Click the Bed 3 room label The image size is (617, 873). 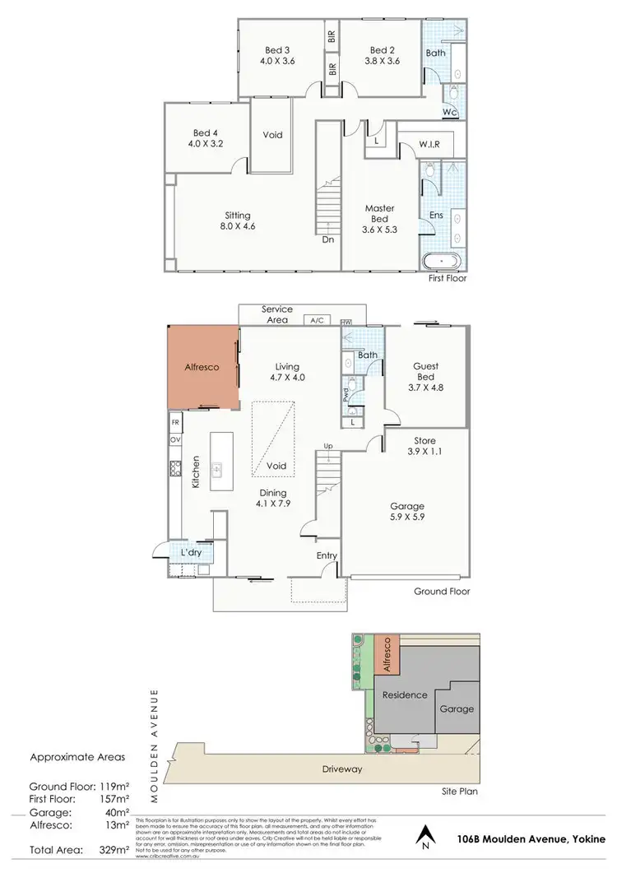point(276,49)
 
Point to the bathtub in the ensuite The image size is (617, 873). point(443,261)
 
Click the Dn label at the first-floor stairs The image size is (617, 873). point(328,239)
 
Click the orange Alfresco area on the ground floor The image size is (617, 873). point(202,367)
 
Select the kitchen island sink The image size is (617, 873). point(217,470)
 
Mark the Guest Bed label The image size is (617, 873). point(426,372)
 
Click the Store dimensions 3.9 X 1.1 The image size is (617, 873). point(425,453)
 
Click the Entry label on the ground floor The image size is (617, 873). point(327,556)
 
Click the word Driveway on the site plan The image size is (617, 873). point(343,769)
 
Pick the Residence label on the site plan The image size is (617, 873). point(405,695)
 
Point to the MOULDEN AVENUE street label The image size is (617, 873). point(154,745)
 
